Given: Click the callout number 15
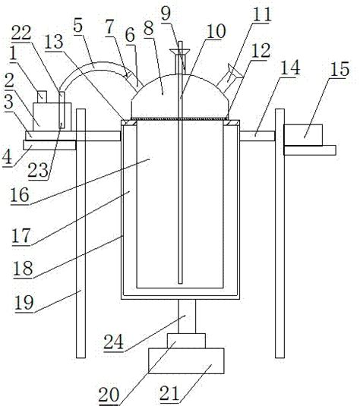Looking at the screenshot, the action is coord(339,68).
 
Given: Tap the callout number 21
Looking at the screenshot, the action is coord(169,393).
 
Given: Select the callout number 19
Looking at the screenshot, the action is coord(24,303).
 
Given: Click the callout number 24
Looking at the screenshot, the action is coord(113,341).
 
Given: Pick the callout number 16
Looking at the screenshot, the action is coord(20,195).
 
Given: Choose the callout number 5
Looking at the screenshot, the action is coord(77,25).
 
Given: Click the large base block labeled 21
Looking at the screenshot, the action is coord(186,360).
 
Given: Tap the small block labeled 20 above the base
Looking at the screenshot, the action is coord(186,341).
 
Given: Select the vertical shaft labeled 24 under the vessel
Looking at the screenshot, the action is coord(187,316).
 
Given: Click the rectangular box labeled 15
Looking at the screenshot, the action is coord(303,135).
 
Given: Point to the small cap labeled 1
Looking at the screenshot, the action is coord(42,97).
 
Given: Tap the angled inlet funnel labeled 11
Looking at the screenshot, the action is coord(229,78).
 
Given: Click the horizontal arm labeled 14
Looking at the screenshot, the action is coord(257,136).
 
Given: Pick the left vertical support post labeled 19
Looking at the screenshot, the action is coord(81,233).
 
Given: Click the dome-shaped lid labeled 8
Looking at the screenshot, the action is coord(180,96).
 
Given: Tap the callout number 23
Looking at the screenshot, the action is coord(38,171).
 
